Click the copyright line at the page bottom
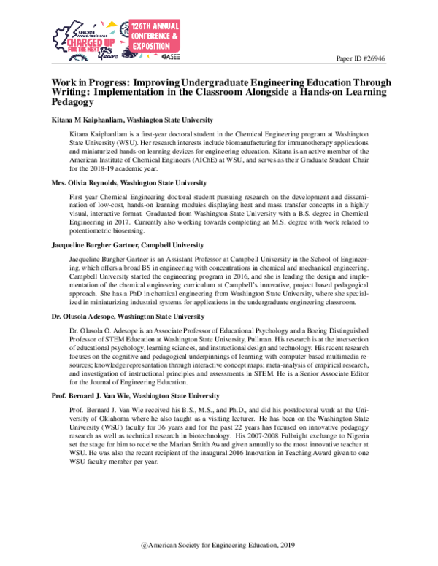pyautogui.click(x=218, y=545)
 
